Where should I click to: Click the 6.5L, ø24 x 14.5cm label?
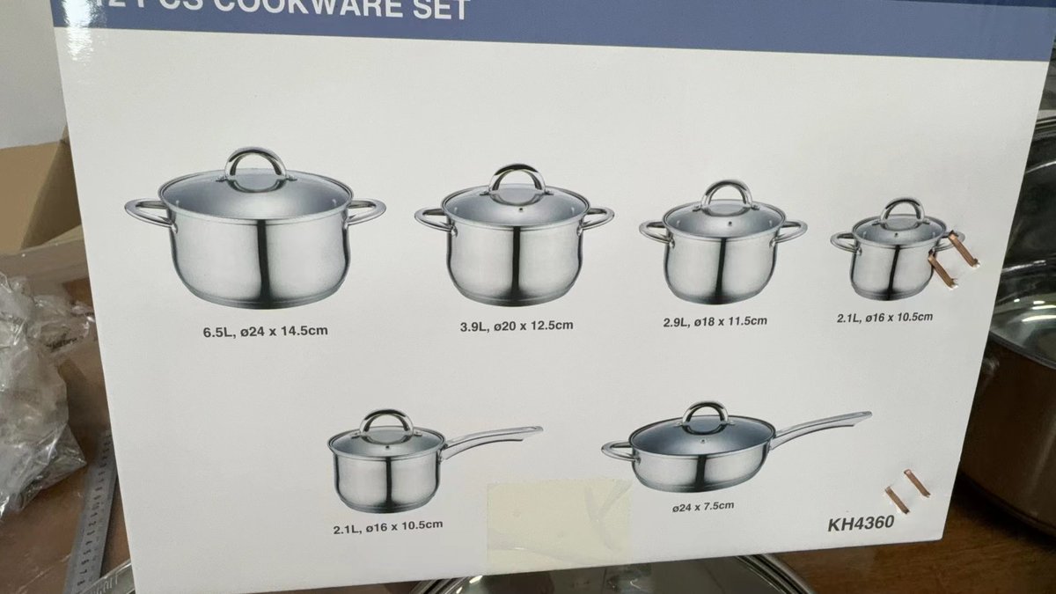tap(258, 332)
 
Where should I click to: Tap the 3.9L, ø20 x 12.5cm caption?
tap(516, 326)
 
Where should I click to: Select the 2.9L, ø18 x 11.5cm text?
tap(715, 321)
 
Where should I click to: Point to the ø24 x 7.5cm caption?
tap(701, 505)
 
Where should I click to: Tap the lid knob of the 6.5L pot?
tap(254, 165)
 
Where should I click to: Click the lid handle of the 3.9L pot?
tap(517, 180)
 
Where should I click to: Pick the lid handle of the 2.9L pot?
tap(726, 194)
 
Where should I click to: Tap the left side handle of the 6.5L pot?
tap(148, 212)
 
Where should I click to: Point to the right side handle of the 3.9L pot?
tap(596, 217)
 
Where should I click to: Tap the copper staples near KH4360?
tap(907, 490)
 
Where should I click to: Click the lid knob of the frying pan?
tap(705, 414)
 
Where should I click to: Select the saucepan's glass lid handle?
tap(386, 423)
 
